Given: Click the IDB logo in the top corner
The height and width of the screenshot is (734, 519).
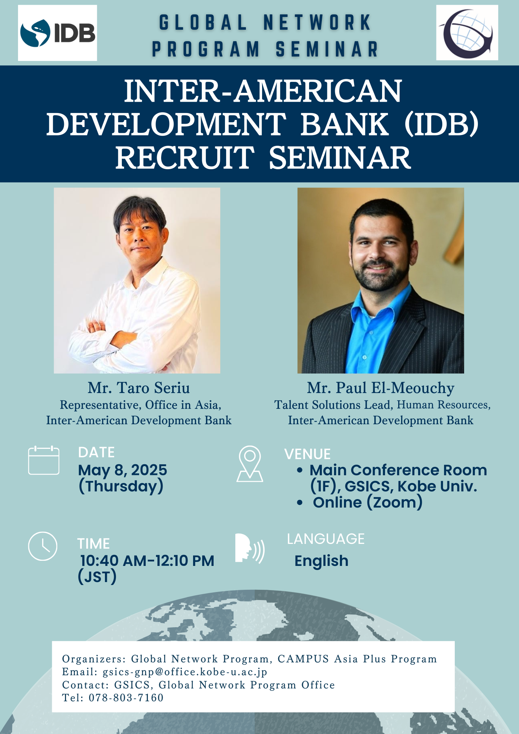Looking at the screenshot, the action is click(x=58, y=33).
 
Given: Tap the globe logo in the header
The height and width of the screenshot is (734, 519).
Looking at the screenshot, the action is click(x=467, y=33).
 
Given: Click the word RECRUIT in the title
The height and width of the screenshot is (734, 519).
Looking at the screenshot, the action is click(x=185, y=157).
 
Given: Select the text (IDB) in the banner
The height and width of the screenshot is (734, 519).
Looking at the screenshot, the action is click(x=442, y=124).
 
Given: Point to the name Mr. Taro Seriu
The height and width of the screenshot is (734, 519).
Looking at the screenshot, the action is click(x=139, y=388).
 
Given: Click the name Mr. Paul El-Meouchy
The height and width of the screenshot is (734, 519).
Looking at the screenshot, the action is click(x=381, y=388).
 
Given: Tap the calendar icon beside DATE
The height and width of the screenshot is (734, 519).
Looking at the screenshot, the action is click(x=44, y=460).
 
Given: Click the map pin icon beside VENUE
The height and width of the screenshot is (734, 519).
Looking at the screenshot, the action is click(x=250, y=464).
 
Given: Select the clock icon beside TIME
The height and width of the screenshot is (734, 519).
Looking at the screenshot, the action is click(x=43, y=546).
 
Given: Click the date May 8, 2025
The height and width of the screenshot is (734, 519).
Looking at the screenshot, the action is click(x=123, y=470).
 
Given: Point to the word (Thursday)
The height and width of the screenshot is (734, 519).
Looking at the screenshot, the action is click(x=121, y=487).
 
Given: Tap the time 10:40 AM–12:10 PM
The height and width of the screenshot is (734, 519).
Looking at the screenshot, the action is click(x=147, y=561).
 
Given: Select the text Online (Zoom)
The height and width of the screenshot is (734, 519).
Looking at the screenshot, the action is click(x=368, y=502).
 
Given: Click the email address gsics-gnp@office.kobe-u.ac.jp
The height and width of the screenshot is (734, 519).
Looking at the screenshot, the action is click(x=185, y=672).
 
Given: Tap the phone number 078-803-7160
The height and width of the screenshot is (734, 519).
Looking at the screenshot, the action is click(x=126, y=698).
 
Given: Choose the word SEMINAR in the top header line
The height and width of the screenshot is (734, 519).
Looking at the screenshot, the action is click(x=327, y=49).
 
